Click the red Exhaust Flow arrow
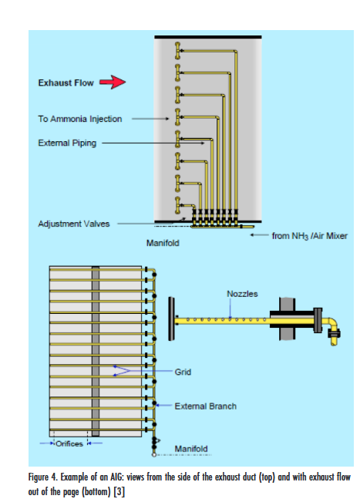coord(113,82)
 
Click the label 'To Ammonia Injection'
coord(80,119)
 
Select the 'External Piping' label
coord(67,143)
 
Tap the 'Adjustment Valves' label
coord(74,224)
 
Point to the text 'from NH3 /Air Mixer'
coord(309,236)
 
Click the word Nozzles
coord(242,294)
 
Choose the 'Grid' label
coord(183,372)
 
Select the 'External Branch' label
coord(206,406)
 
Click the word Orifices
coord(69,443)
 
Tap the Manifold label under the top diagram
coord(163,243)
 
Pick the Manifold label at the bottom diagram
coord(191,449)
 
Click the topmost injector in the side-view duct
coord(178,51)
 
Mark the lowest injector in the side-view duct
coord(178,205)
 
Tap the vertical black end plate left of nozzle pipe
coord(171,319)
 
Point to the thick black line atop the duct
coord(208,37)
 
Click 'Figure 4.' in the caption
coord(42,477)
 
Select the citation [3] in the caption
coord(119,492)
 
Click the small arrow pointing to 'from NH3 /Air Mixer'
coord(259,235)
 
